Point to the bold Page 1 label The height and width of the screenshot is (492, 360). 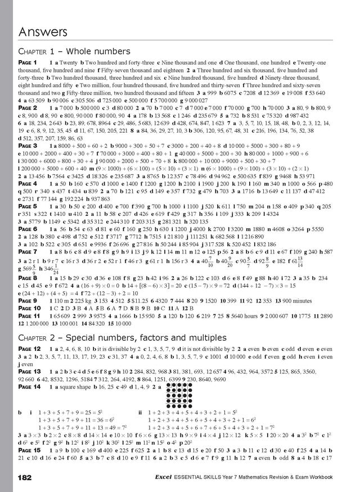click(28, 62)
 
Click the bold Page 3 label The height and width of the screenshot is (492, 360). click(28, 146)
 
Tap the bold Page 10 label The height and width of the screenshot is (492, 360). click(29, 310)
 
